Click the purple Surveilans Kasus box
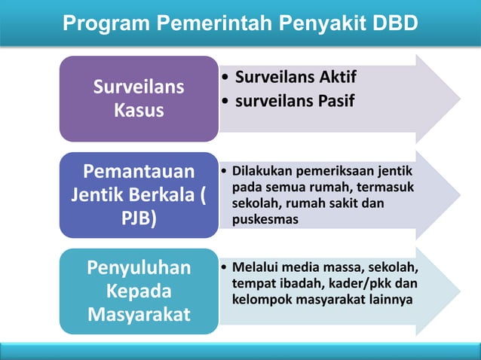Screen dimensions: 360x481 [x=139, y=99]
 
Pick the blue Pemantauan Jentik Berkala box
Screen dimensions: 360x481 [x=139, y=194]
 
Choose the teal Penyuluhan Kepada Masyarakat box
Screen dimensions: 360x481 [x=139, y=291]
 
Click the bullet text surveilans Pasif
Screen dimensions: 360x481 [x=294, y=101]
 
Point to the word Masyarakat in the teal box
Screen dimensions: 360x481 [x=139, y=315]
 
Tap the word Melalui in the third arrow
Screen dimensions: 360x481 [x=256, y=267]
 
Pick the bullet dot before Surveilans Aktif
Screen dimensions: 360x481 [x=225, y=78]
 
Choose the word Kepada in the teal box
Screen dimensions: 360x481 [x=139, y=291]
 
